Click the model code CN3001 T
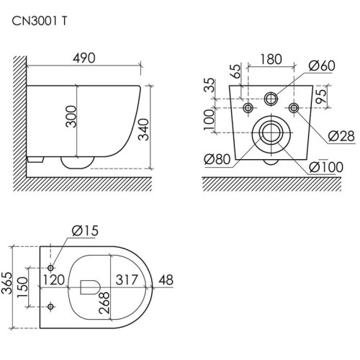40,22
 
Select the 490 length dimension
84,58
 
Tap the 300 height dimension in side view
71,117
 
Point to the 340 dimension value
145,130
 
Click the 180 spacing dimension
271,59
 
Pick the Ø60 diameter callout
322,66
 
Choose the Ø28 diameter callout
341,136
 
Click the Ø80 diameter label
217,159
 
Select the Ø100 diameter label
326,167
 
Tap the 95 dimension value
322,96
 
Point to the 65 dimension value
237,71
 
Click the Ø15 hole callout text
85,231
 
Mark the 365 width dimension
6,283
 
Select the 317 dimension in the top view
127,279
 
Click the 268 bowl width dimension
104,303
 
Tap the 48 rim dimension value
166,280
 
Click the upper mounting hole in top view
50,268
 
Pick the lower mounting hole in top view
50,307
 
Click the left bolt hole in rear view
248,108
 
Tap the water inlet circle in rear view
271,99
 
